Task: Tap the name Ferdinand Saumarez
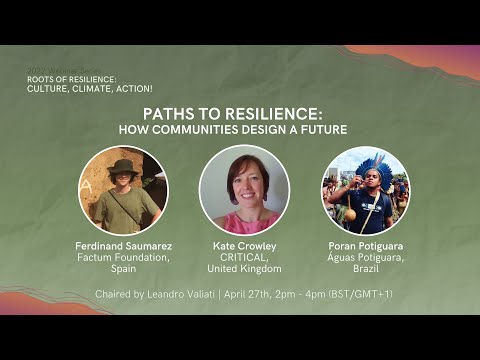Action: point(123,245)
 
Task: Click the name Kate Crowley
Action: point(244,245)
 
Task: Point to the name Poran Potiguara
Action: point(365,245)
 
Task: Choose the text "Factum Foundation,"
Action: point(123,257)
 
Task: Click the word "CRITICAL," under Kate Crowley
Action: point(244,257)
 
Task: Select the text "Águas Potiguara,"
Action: point(365,257)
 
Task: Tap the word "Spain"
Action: point(123,269)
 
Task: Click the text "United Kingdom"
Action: point(244,269)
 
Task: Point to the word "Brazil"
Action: point(365,269)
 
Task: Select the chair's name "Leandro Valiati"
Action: point(191,294)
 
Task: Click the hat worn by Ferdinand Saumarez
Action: point(122,167)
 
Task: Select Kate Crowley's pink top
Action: point(243,221)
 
